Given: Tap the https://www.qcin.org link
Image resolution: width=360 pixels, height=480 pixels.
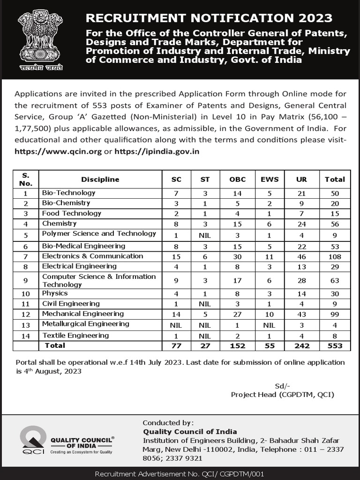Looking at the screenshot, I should (58, 151).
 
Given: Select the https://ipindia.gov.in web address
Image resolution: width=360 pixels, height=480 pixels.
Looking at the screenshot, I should (157, 151).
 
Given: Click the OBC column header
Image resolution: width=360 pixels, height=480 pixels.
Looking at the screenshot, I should (237, 179).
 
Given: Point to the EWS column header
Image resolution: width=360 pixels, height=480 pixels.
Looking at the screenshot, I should (270, 179).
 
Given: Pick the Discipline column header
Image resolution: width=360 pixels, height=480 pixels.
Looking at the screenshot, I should (100, 179).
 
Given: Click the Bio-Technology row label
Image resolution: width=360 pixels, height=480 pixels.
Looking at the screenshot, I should (68, 193).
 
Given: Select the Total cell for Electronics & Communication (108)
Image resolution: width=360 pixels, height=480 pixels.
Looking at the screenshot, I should (335, 256).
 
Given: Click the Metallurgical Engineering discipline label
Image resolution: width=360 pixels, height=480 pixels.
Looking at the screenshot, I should (85, 324).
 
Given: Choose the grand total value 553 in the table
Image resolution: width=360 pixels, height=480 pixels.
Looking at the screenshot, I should (335, 345).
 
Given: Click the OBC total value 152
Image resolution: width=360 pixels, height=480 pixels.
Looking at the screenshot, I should (237, 345).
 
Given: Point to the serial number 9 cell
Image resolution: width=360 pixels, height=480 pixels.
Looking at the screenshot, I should (26, 280).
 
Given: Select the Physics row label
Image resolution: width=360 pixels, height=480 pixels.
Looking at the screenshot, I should (55, 293).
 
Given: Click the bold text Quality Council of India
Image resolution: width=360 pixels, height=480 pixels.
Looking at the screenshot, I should (190, 431).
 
